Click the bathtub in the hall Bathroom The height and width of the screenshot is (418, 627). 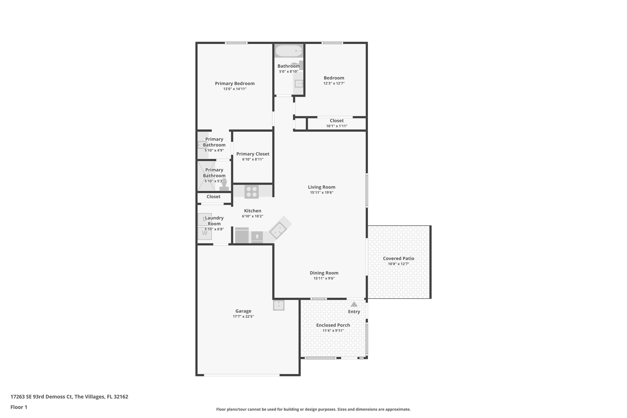click(288, 51)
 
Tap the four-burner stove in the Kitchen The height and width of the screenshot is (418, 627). click(252, 192)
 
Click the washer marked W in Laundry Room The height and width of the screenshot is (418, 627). click(205, 233)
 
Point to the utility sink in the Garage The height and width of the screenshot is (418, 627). click(279, 305)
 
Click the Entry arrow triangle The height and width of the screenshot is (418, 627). click(354, 304)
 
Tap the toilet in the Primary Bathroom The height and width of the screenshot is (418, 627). click(224, 185)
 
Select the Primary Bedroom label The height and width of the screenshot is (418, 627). click(235, 83)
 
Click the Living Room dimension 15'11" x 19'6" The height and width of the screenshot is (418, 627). click(321, 193)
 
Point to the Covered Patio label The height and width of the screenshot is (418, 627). click(398, 258)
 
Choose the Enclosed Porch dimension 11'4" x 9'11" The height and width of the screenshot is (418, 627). click(333, 330)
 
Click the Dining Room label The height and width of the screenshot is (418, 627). click(324, 273)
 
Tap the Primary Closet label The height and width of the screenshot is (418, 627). click(253, 154)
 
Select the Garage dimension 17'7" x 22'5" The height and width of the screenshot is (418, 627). click(243, 316)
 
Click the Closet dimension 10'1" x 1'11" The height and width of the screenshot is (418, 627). click(336, 126)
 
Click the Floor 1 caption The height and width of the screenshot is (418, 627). click(19, 407)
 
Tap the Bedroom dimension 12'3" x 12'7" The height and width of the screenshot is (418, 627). click(334, 83)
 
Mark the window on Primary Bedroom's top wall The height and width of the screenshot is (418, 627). click(236, 43)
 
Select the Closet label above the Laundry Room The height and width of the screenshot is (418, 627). click(213, 197)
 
